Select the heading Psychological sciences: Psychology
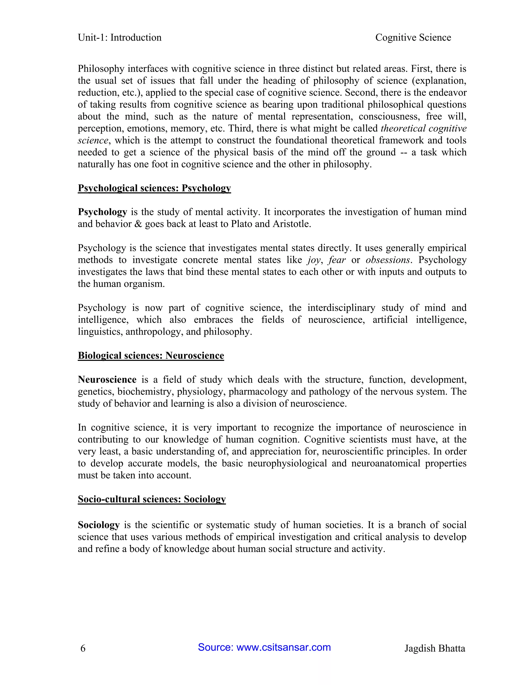[x=154, y=188]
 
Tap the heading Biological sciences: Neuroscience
[x=151, y=356]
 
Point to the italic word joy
[x=314, y=260]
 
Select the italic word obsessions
[x=388, y=260]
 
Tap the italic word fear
[x=337, y=260]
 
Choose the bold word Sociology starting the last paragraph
[x=99, y=525]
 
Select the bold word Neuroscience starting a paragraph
[x=107, y=380]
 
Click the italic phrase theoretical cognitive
[x=423, y=128]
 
